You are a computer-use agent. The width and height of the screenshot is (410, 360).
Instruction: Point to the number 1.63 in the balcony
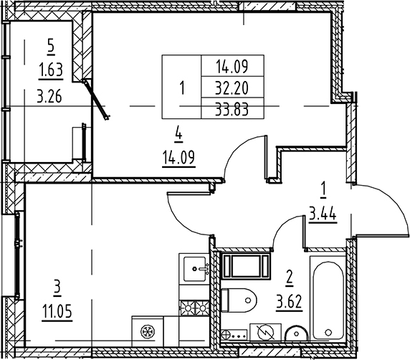(49, 69)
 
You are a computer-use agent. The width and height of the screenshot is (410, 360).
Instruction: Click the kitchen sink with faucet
(194, 270)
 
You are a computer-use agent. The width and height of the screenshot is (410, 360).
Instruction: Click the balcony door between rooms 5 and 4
(96, 99)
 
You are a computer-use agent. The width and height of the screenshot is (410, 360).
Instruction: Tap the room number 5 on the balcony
(49, 45)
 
